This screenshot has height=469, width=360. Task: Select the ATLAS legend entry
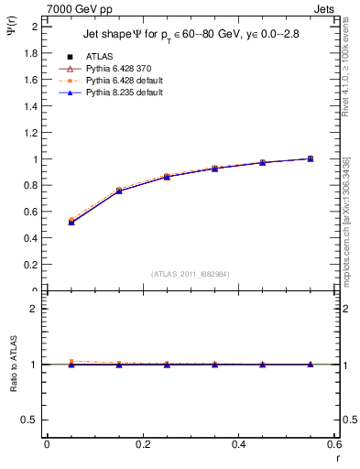click(x=87, y=56)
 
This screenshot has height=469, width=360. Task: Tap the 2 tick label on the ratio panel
click(x=35, y=309)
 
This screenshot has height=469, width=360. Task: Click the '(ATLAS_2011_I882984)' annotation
click(x=190, y=274)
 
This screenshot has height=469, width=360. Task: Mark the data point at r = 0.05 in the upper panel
click(x=71, y=222)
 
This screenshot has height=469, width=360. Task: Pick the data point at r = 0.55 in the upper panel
click(x=311, y=158)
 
